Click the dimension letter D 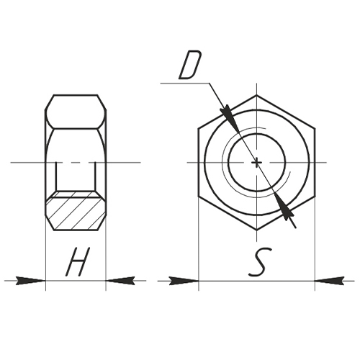[190, 65]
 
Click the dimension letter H [78, 261]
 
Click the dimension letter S [260, 262]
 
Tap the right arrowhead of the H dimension [120, 281]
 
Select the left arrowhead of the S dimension [184, 281]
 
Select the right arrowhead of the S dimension [330, 281]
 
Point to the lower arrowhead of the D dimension [284, 207]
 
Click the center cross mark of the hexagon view [257, 163]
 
